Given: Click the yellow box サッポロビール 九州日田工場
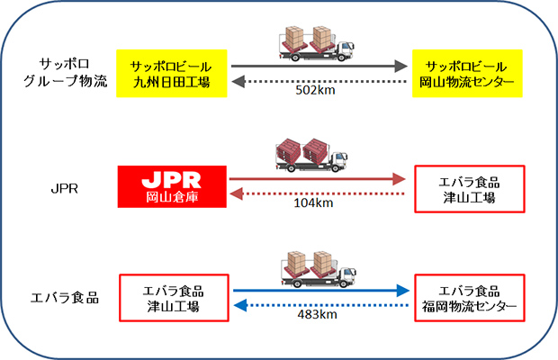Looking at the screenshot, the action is pos(172,73).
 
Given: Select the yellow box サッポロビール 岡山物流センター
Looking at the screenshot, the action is pos(467,73).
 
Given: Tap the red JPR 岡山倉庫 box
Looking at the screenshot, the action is pos(172,187).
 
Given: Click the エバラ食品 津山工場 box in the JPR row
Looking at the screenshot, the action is pos(470,189).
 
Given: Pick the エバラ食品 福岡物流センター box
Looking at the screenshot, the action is pos(470,298).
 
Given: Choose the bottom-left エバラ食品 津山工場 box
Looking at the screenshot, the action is pos(174,298).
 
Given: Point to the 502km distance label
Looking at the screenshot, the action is pos(315,90).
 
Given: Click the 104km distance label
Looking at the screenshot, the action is pos(313,203).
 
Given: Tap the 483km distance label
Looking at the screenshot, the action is pos(318,314).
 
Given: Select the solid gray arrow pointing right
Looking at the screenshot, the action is pos(319,66).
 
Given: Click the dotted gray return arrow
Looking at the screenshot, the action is pos(319,82).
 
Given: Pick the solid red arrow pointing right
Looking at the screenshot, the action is pos(318,179).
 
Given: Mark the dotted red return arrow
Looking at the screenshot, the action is pos(318,193).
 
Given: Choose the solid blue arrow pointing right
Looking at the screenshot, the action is pos(321,291).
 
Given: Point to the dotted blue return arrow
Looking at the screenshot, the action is pos(321,305).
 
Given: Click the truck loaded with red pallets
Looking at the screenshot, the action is pos(311,156).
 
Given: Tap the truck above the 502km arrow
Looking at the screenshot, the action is pos(317,43).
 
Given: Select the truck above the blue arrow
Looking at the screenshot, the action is pos(319,269).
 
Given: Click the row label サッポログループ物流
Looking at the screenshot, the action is pos(65,73).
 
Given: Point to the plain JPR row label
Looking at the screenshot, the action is pos(65,188).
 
